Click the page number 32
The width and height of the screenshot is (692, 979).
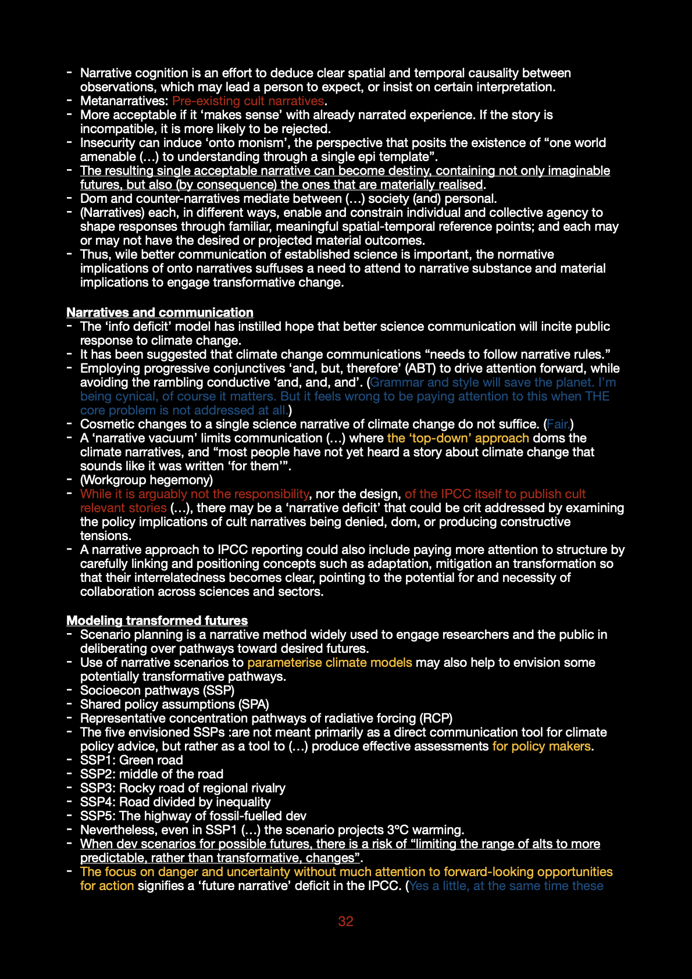click(345, 921)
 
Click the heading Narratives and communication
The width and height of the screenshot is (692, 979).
click(160, 313)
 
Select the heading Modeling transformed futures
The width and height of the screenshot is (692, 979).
click(157, 621)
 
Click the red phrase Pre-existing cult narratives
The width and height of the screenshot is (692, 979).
click(248, 101)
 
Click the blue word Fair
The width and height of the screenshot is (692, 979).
click(558, 424)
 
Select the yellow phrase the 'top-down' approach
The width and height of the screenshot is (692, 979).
click(458, 438)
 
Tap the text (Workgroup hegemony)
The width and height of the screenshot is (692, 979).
click(147, 480)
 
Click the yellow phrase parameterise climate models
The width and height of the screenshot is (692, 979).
click(330, 663)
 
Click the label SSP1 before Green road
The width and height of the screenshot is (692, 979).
click(97, 760)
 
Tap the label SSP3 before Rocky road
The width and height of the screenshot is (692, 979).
click(97, 788)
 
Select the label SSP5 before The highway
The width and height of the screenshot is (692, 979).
click(97, 816)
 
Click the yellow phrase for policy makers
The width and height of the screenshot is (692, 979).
click(541, 746)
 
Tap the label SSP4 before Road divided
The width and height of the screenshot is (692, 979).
click(97, 802)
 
